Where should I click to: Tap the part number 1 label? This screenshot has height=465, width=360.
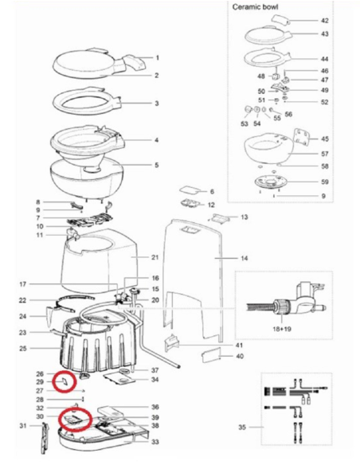click(x=157, y=58)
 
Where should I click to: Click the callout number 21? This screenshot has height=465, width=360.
click(x=156, y=258)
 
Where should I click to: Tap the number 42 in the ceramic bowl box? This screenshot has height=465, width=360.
click(x=324, y=21)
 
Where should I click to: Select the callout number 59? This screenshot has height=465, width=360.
click(x=324, y=182)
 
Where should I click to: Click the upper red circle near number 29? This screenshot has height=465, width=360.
click(x=63, y=381)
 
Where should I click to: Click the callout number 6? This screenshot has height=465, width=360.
click(x=212, y=192)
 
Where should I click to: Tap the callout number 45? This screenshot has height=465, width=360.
click(x=324, y=139)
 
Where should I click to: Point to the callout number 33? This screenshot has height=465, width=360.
click(x=156, y=442)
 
